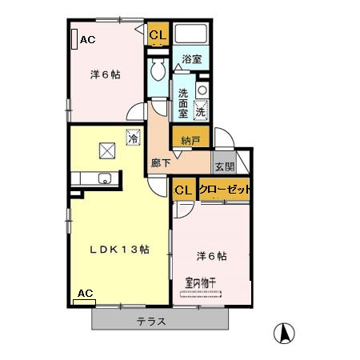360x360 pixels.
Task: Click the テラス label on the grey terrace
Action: [150, 322]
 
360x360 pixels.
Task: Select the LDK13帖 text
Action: [118, 248]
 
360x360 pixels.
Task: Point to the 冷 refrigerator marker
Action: [132, 137]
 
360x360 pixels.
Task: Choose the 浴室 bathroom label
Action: [191, 59]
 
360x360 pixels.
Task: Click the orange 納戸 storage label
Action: [190, 141]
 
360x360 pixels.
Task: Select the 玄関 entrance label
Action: [223, 167]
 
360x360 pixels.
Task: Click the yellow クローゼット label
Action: [224, 190]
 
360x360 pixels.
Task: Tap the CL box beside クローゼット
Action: [182, 190]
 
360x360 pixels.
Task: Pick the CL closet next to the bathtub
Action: [157, 34]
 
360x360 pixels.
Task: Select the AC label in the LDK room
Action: [84, 294]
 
